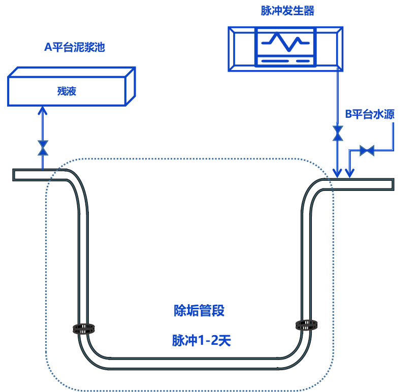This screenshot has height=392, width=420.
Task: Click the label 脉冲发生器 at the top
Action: point(287,11)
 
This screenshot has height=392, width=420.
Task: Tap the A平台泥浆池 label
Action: point(75,47)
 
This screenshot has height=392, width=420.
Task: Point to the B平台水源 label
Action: point(370,114)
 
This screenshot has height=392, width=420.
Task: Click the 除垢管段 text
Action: point(199,311)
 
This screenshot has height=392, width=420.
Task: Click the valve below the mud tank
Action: point(43,148)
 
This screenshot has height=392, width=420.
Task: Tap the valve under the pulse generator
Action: point(337,133)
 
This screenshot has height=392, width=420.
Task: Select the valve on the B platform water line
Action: point(367,150)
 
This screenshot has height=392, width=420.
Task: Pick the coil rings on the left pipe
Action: point(84,330)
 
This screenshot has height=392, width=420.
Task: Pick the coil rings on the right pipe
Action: point(307,324)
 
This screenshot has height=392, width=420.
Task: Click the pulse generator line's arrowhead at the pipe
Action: point(337,174)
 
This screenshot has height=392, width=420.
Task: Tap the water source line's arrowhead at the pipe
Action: point(349,174)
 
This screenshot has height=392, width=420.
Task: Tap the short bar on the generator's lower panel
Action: point(303,61)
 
